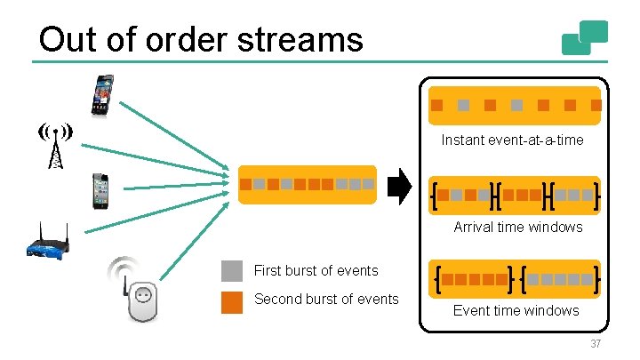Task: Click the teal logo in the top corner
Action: (584, 37)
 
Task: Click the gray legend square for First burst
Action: (232, 271)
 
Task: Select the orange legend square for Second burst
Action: (232, 300)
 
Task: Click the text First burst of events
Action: (316, 271)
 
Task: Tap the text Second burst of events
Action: (326, 300)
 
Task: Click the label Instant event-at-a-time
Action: (513, 140)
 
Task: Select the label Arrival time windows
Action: (517, 227)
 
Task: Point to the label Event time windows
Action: (516, 310)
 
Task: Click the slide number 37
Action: (595, 345)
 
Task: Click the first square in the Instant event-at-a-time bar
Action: (436, 105)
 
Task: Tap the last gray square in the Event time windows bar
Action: (588, 279)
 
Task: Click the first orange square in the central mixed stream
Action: (245, 185)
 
